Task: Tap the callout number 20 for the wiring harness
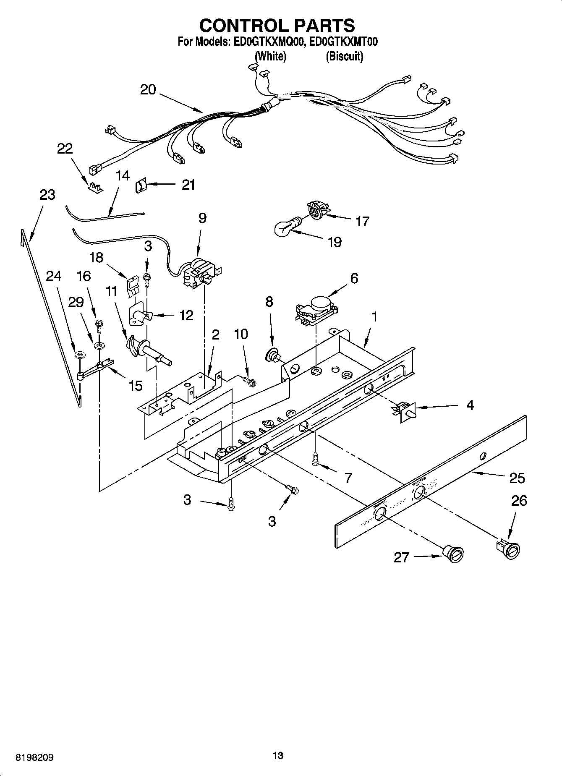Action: (x=148, y=89)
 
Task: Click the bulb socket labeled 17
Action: (x=317, y=209)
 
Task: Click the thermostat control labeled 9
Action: (x=200, y=274)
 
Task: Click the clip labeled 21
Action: (x=141, y=185)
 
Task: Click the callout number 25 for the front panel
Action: (x=517, y=478)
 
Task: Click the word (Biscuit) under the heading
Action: (x=344, y=56)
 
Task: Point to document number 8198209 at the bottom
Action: (x=34, y=757)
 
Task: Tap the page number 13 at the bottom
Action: (x=278, y=756)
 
